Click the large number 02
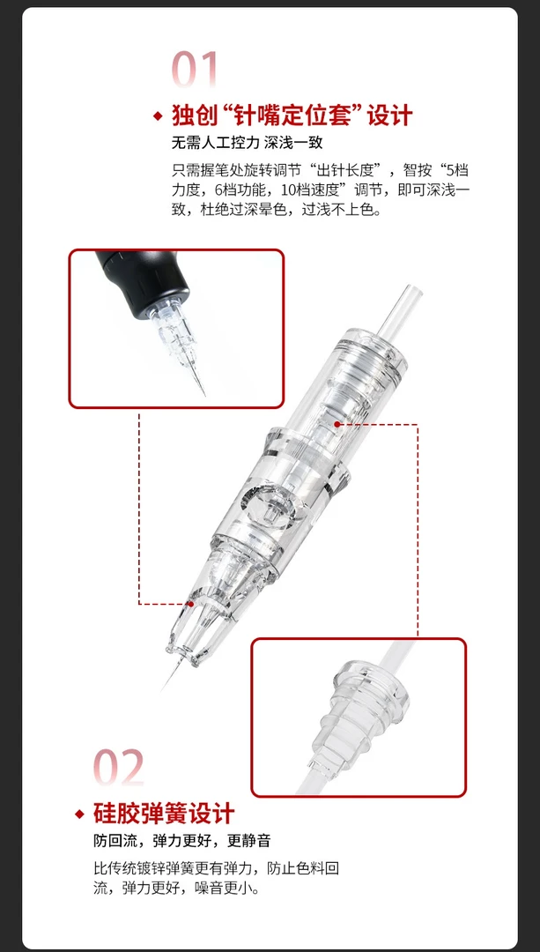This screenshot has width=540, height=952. click(x=120, y=767)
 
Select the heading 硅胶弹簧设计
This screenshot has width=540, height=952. click(x=165, y=813)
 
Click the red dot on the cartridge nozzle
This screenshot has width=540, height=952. click(x=191, y=604)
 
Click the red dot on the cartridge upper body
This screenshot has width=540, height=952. click(x=337, y=424)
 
